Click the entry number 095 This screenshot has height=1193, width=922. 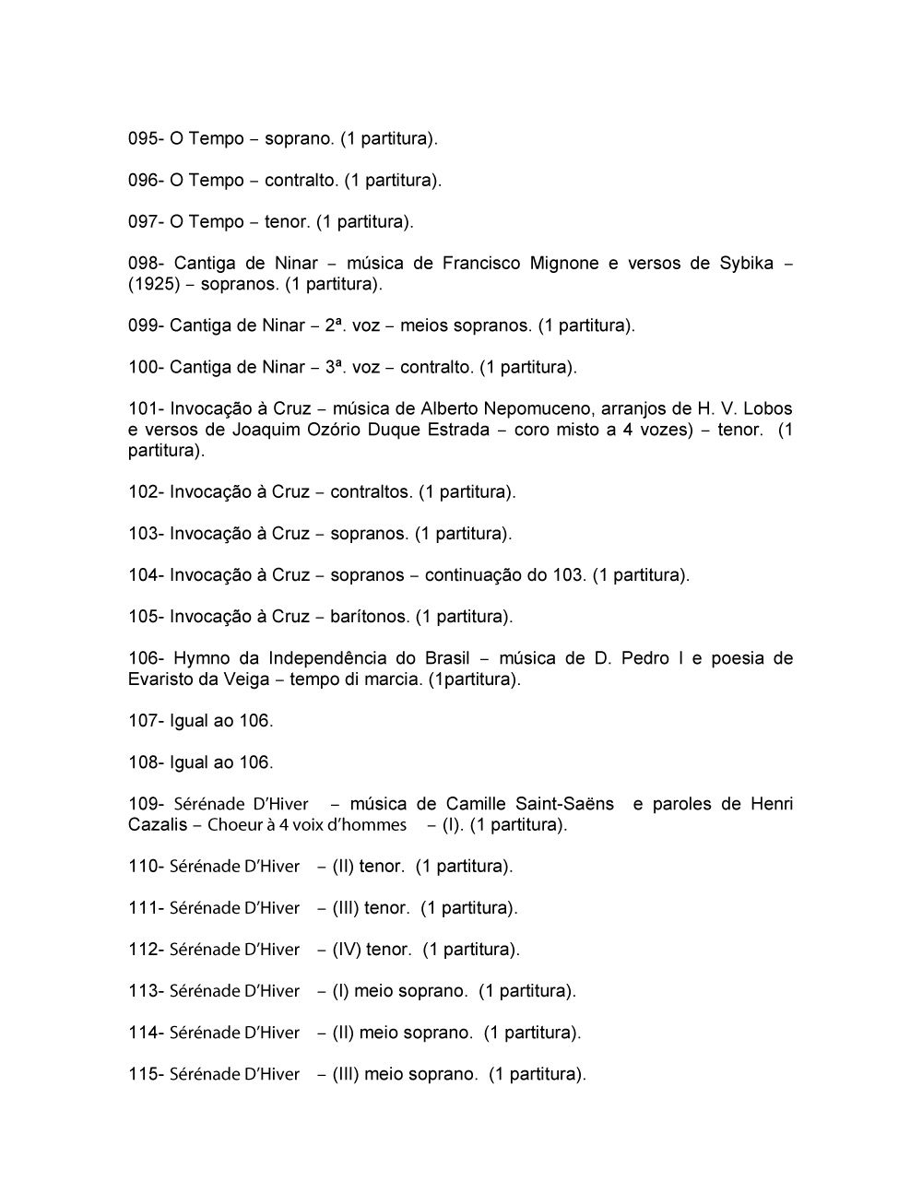144,139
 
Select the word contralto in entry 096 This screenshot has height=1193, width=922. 301,181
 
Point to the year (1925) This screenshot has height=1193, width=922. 154,284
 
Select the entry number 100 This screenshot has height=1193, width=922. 144,367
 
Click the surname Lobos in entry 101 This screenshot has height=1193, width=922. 767,408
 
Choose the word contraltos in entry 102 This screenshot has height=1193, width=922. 371,491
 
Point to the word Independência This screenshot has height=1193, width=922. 342,658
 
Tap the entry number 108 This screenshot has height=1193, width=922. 144,762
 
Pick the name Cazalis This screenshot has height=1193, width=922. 158,824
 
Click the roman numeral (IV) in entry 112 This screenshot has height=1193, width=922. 346,950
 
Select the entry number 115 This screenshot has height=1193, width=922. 144,1074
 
